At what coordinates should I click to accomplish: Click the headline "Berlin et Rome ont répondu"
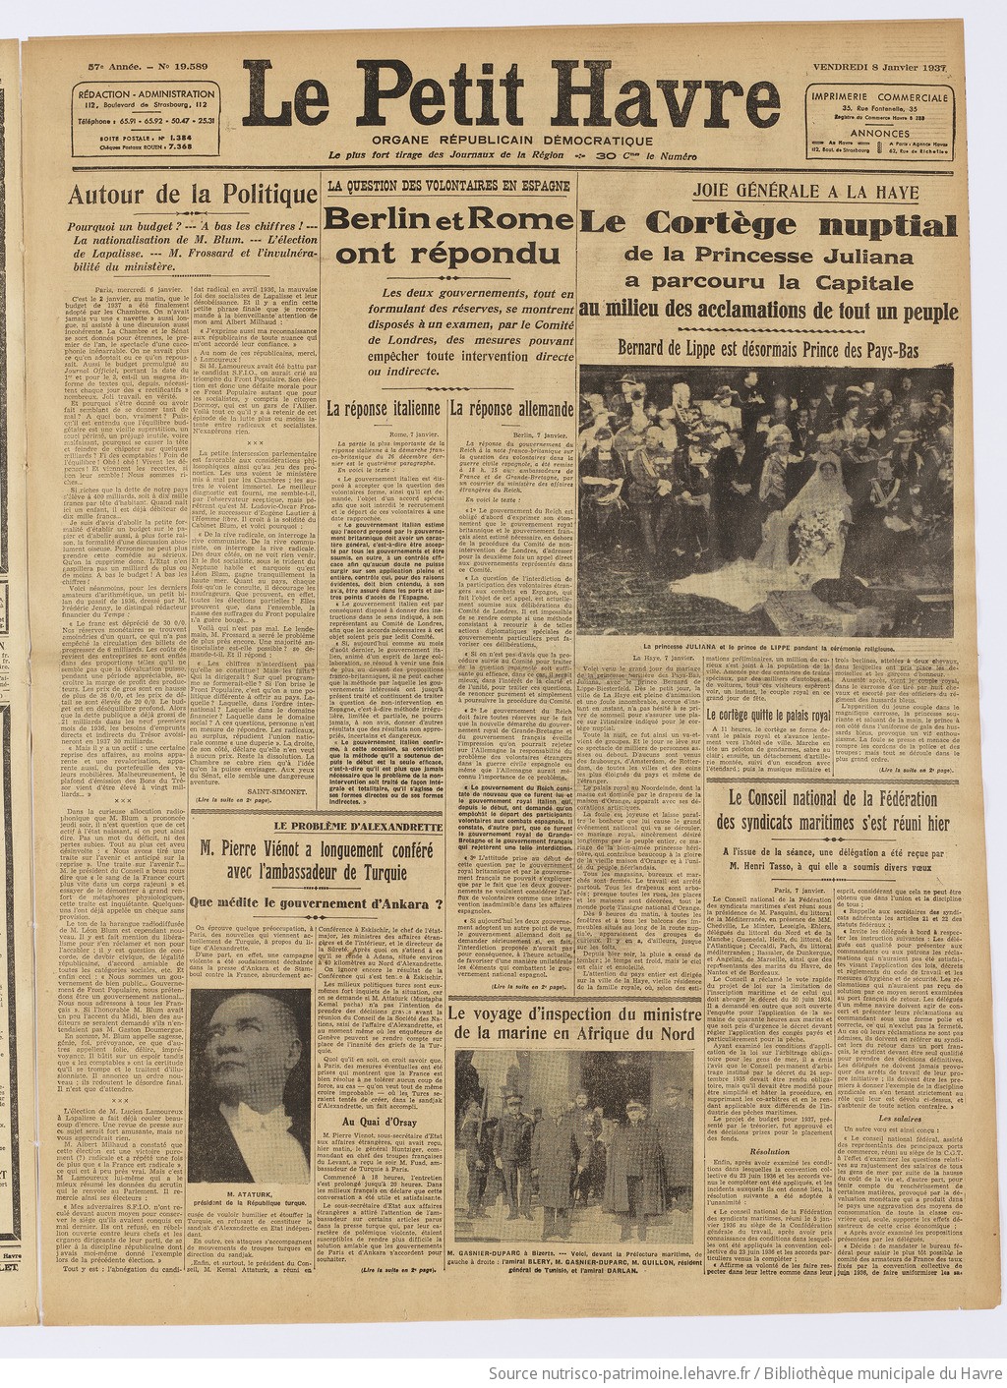pyautogui.click(x=448, y=237)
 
